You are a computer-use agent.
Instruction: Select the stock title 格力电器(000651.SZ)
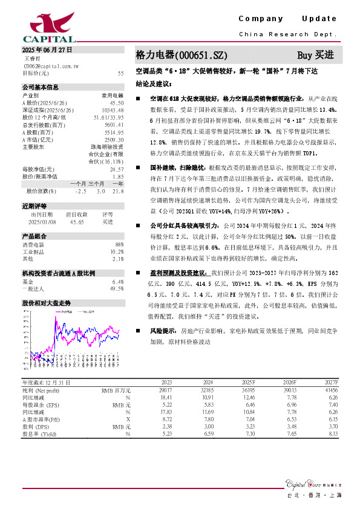click(x=174, y=55)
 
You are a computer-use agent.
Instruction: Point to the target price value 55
click(x=121, y=73)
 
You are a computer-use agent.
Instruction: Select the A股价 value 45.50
click(x=117, y=103)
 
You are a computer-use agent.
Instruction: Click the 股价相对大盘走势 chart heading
click(x=46, y=302)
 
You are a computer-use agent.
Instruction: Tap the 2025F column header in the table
click(x=248, y=383)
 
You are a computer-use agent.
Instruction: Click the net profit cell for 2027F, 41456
click(x=329, y=391)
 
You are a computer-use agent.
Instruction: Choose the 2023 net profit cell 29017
click(x=163, y=391)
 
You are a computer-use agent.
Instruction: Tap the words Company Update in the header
click(x=287, y=19)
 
